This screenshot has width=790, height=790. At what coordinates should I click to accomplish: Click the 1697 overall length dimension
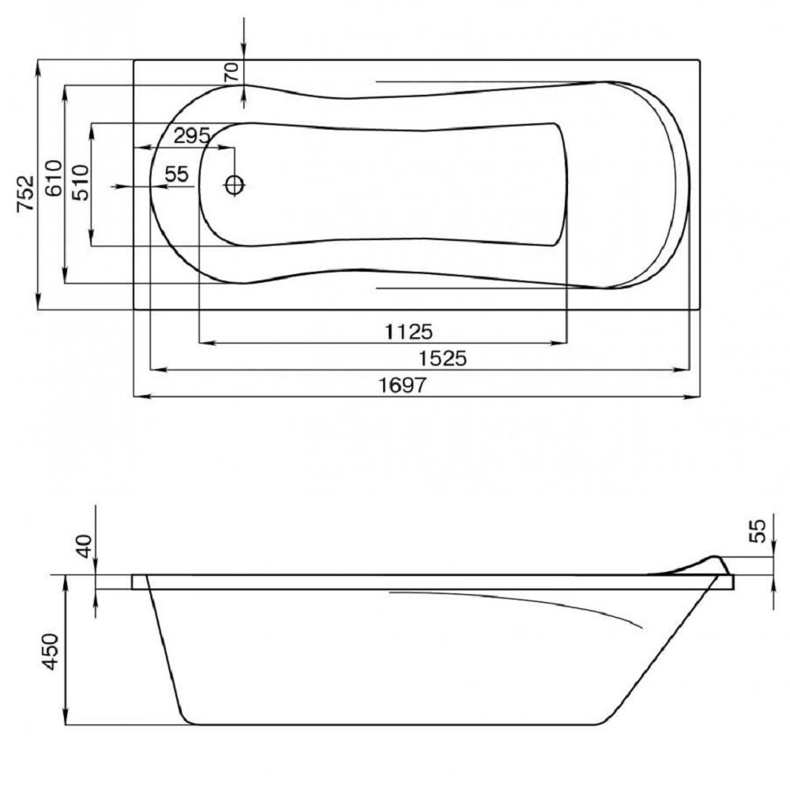click(x=402, y=386)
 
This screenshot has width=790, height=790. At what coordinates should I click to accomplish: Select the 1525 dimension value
click(x=443, y=359)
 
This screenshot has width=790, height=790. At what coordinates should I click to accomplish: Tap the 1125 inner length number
click(x=408, y=332)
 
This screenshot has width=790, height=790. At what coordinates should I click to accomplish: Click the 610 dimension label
click(x=54, y=178)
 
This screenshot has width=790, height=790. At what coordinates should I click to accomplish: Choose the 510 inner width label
click(x=80, y=182)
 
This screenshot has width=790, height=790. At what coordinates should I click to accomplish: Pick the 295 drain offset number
click(x=192, y=136)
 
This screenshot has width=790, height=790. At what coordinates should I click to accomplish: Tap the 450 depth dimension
click(x=51, y=652)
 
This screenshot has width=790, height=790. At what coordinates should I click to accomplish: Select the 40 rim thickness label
click(x=85, y=546)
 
